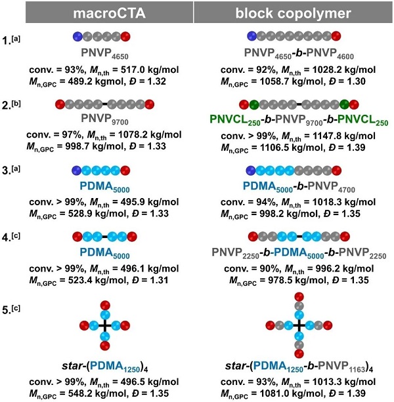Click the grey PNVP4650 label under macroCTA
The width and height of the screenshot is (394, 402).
point(101,50)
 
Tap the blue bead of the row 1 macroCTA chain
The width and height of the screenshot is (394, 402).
point(77,35)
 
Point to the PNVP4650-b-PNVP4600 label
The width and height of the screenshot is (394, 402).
point(292,50)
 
